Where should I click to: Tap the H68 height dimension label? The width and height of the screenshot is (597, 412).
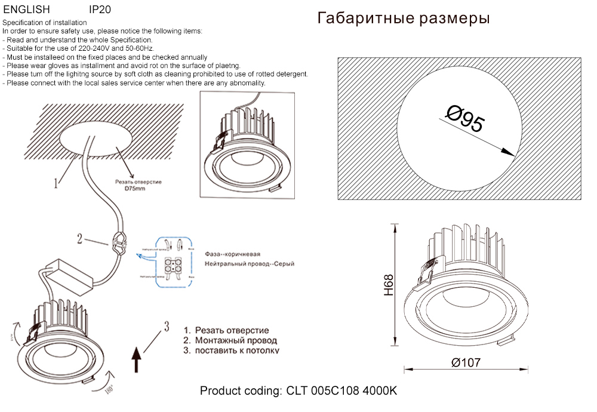point(389,285)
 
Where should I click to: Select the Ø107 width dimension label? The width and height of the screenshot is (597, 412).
point(466,362)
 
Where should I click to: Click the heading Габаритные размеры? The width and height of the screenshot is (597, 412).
point(404,19)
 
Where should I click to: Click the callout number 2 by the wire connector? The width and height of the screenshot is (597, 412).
point(79,239)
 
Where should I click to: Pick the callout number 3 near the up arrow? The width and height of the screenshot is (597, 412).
point(167,326)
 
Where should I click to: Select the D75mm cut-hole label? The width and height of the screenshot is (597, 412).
point(135,189)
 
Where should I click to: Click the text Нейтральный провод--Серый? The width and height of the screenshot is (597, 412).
point(249,263)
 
